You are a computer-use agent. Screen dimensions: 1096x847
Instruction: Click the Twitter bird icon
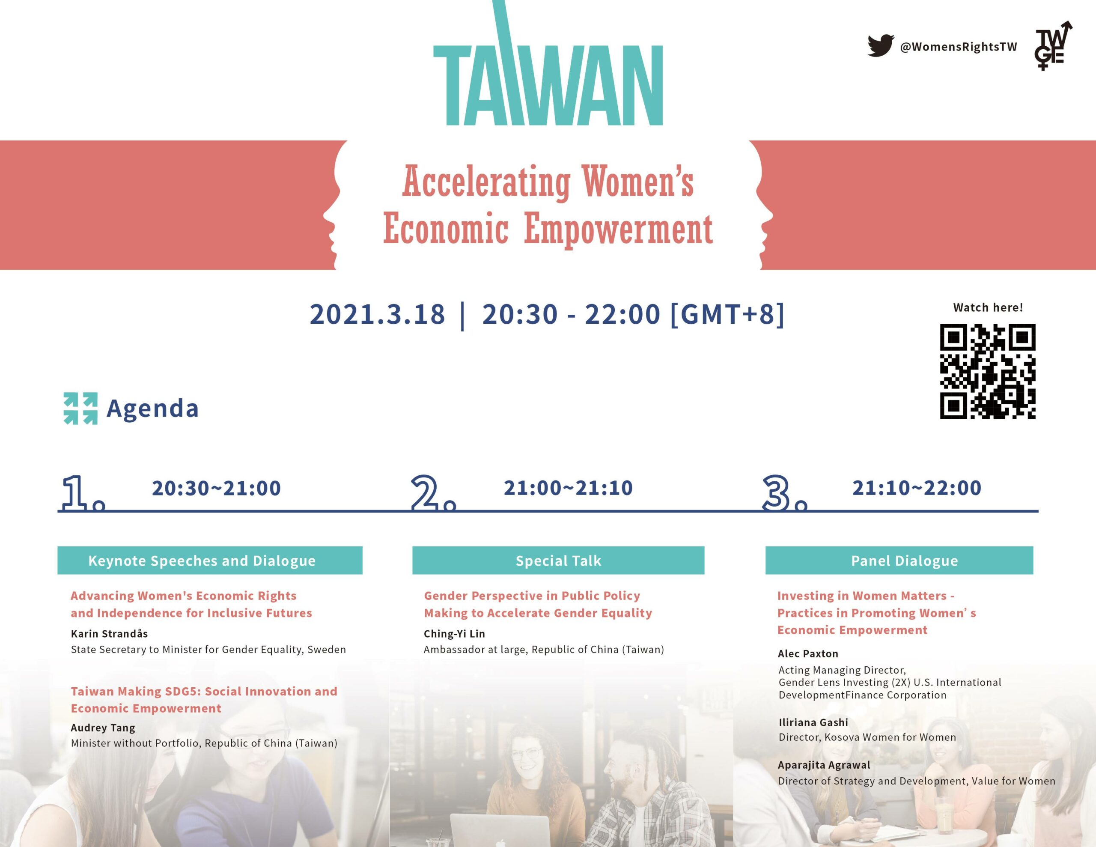click(881, 46)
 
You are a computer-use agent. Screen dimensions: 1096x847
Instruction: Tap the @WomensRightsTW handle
click(959, 47)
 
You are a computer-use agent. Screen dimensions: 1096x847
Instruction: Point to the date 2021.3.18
click(377, 314)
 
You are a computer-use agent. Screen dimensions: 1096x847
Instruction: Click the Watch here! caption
click(988, 307)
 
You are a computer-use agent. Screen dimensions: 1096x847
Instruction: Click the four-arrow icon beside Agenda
click(80, 408)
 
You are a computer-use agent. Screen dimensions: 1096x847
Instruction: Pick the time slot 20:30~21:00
click(216, 488)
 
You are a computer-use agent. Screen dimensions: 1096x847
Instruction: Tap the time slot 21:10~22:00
click(917, 488)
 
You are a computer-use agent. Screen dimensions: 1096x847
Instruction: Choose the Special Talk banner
click(558, 561)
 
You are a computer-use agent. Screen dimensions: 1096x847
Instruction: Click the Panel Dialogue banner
click(899, 561)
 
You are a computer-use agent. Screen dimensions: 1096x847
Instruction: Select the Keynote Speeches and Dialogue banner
click(210, 561)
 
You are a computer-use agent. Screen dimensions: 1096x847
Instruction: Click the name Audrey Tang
click(103, 728)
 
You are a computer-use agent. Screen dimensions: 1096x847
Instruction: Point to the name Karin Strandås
click(110, 634)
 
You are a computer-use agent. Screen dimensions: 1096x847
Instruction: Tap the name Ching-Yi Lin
click(454, 634)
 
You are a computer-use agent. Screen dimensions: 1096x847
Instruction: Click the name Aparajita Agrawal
click(824, 765)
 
